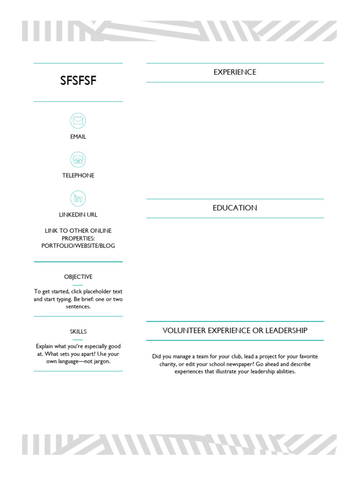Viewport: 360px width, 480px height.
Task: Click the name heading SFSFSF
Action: point(78,81)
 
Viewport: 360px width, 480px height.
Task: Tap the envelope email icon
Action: point(78,121)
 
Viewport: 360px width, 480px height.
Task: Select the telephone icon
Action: point(78,159)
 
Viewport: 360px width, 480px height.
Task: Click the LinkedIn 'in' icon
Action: point(78,198)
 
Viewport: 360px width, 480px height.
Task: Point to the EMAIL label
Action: point(78,137)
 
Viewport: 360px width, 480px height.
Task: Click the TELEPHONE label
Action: point(78,175)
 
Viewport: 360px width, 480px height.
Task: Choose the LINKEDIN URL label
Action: point(78,215)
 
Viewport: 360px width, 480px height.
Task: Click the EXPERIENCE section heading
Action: point(235,72)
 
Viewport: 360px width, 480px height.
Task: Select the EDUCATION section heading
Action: point(235,208)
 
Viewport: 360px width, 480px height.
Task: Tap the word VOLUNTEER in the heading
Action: point(184,330)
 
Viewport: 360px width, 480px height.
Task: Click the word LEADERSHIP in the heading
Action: point(286,330)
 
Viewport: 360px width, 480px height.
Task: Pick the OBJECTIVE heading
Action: point(78,277)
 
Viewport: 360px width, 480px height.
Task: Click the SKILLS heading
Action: point(78,332)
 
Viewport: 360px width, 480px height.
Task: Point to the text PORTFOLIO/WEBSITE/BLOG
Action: point(78,246)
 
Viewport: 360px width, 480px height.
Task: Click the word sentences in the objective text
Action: point(78,307)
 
